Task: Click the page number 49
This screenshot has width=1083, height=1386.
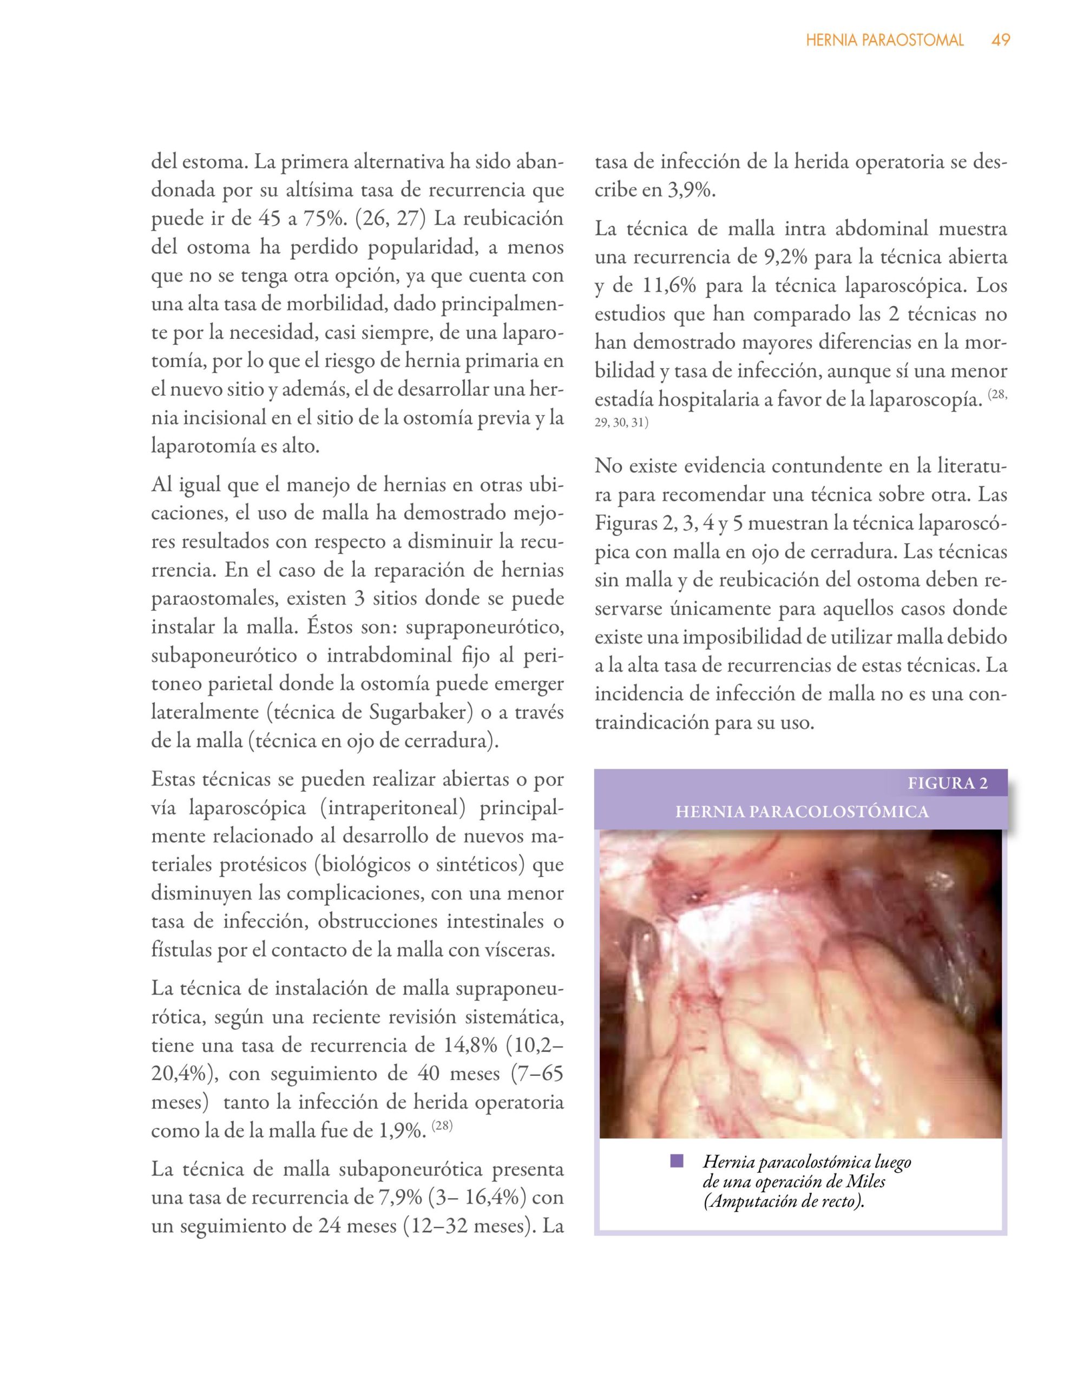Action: click(1001, 40)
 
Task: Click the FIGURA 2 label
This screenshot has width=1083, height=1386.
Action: click(947, 782)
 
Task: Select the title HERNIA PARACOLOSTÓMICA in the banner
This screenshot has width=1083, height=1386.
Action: click(802, 812)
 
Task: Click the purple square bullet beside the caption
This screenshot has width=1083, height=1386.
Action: click(677, 1161)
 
